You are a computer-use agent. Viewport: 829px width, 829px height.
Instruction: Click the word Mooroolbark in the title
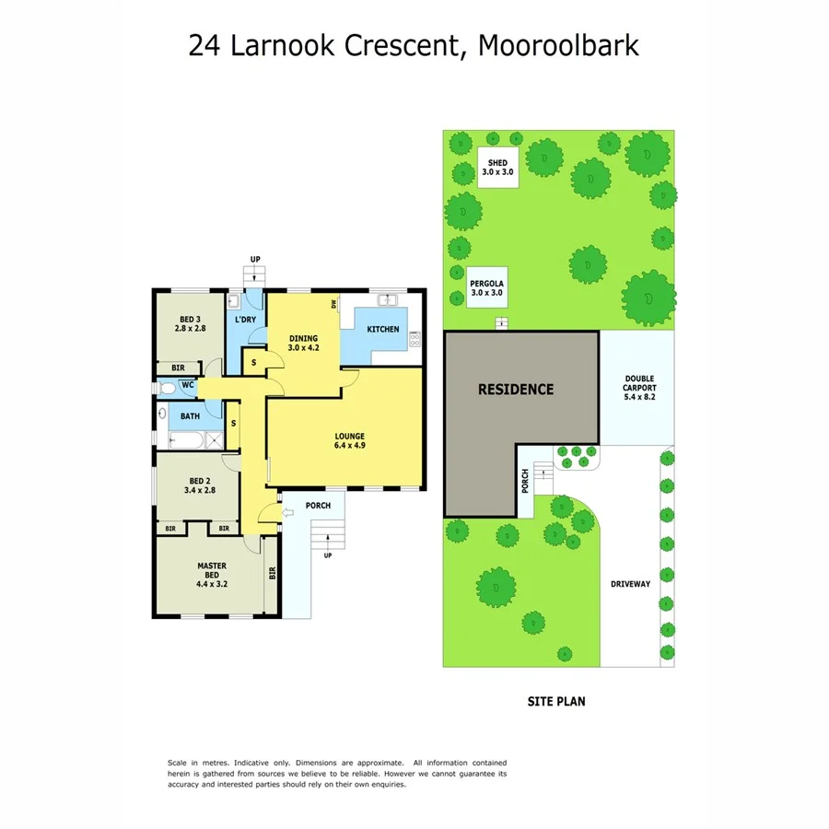pyautogui.click(x=559, y=45)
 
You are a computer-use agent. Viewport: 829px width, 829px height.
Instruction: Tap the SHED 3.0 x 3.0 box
pyautogui.click(x=497, y=167)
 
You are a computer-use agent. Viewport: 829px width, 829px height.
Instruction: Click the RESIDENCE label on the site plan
pyautogui.click(x=516, y=389)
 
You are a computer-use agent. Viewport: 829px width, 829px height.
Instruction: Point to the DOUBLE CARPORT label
pyautogui.click(x=639, y=389)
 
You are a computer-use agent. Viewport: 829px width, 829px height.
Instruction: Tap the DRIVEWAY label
pyautogui.click(x=630, y=584)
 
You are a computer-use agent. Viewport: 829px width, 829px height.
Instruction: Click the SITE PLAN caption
pyautogui.click(x=555, y=701)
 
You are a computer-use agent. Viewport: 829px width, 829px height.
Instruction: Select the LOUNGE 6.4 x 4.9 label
pyautogui.click(x=350, y=442)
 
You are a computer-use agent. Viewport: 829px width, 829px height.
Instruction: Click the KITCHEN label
pyautogui.click(x=383, y=330)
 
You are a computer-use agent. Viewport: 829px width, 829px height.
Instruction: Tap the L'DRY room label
pyautogui.click(x=245, y=320)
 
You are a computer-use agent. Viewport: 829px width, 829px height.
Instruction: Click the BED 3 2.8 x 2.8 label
pyautogui.click(x=189, y=322)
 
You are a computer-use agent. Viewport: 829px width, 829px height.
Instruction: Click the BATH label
pyautogui.click(x=190, y=416)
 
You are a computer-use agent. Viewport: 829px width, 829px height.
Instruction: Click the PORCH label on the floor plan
pyautogui.click(x=318, y=505)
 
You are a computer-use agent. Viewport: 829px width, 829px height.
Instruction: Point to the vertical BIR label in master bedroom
pyautogui.click(x=272, y=573)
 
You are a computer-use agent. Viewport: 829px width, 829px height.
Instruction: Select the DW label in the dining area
pyautogui.click(x=333, y=304)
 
